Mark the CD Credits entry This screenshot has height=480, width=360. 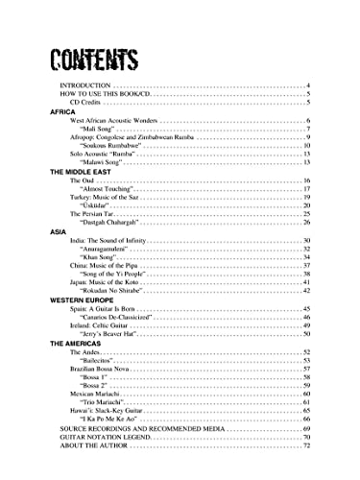point(91,104)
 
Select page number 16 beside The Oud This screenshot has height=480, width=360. point(306,181)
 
